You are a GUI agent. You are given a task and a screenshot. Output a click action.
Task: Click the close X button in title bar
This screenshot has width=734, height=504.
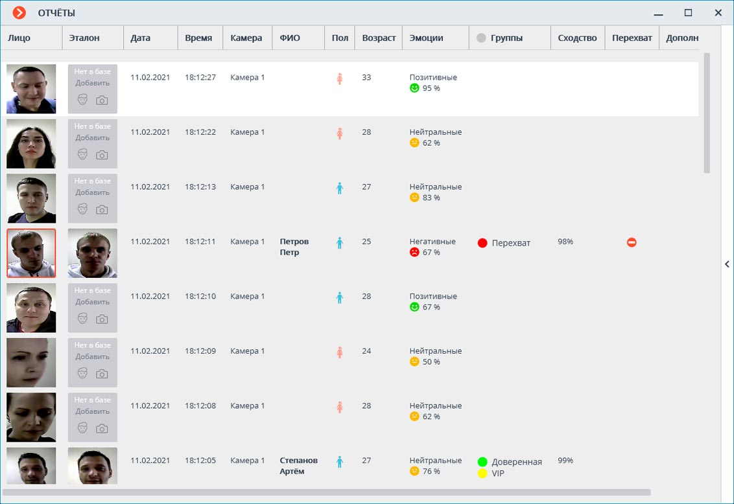point(718,13)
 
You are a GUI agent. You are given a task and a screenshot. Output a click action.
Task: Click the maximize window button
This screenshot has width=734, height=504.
point(689,13)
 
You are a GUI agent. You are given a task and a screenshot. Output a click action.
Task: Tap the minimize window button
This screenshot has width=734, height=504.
point(659,14)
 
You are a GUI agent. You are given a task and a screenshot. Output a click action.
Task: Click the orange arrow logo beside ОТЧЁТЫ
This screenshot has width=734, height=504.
point(19,13)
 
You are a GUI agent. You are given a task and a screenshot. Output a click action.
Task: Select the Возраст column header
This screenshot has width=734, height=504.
point(379,38)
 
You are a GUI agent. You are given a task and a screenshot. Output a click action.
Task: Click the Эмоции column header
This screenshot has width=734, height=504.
point(427,38)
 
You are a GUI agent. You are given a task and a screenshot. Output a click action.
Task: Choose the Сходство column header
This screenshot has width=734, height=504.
point(577,38)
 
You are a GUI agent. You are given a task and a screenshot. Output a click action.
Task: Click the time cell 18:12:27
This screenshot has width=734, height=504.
point(200,77)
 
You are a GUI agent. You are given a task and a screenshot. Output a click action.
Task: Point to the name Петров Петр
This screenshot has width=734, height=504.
point(294,247)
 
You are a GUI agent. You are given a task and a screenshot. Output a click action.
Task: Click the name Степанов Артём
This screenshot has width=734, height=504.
point(299,466)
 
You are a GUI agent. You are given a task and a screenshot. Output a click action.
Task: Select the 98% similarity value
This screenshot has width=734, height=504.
point(565,242)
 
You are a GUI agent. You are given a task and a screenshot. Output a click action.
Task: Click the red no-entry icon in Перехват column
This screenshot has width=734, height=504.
point(632,242)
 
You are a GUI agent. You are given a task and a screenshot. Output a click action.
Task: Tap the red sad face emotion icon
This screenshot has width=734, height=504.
point(414,252)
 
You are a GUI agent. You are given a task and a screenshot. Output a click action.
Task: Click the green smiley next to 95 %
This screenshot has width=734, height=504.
point(414,87)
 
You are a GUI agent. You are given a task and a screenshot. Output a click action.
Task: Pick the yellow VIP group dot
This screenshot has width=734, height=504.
point(482,474)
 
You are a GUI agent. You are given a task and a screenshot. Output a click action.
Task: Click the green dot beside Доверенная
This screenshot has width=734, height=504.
point(482,462)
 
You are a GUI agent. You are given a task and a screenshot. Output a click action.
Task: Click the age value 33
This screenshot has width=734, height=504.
point(366,77)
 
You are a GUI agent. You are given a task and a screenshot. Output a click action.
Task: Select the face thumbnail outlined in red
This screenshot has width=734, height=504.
point(31,253)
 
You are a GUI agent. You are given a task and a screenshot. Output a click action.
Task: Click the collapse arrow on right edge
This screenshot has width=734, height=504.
point(727,264)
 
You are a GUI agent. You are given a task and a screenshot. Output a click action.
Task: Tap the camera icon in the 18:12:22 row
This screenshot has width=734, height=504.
point(102,155)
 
